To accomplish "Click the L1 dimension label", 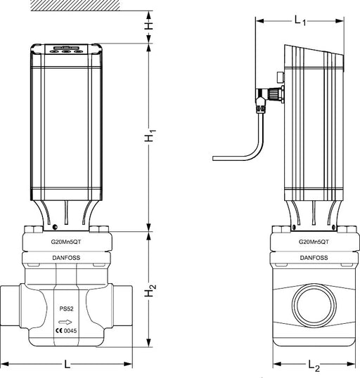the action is [300, 20].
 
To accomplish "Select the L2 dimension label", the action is [314, 365].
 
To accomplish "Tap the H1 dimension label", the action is [150, 136].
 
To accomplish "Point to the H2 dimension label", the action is [150, 291].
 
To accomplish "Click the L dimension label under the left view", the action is [67, 364].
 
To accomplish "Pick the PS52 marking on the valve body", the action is [66, 308].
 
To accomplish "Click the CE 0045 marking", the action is [66, 330].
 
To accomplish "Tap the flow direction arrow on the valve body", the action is [65, 322].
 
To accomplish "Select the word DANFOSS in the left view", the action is [66, 258].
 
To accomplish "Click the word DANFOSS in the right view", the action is [314, 258].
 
